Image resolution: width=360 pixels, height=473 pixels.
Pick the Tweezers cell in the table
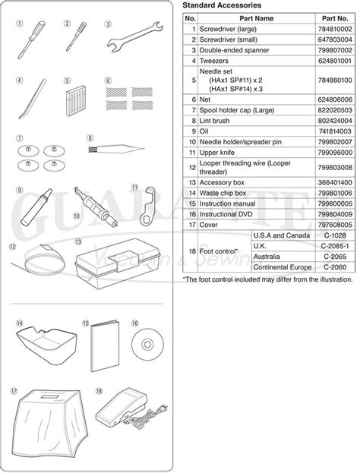tap(216, 58)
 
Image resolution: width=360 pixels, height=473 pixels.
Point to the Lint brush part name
tap(220, 119)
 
